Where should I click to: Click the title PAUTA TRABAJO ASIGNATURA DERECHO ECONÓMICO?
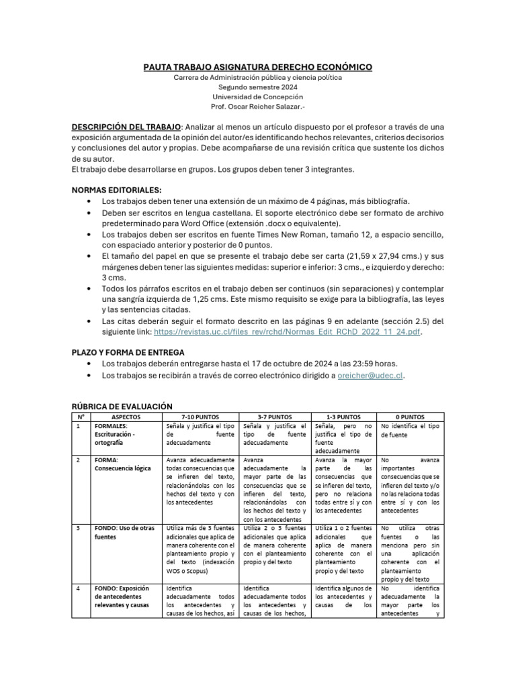(258, 67)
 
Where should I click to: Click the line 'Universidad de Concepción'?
(258, 97)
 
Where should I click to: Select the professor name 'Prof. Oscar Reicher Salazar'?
(258, 106)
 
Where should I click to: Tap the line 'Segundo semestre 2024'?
(258, 87)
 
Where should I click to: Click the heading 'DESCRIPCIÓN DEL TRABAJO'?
(126, 127)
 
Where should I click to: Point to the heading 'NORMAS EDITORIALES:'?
(117, 191)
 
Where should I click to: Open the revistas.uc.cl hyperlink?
(288, 331)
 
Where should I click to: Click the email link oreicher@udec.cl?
(380, 376)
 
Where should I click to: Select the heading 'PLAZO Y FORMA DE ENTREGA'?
(128, 352)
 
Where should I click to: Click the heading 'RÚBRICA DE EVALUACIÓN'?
(122, 407)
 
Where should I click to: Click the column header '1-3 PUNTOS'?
(345, 417)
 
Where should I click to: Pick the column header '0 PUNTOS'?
(411, 417)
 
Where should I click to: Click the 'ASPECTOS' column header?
(122, 417)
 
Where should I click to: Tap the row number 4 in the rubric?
(78, 589)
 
